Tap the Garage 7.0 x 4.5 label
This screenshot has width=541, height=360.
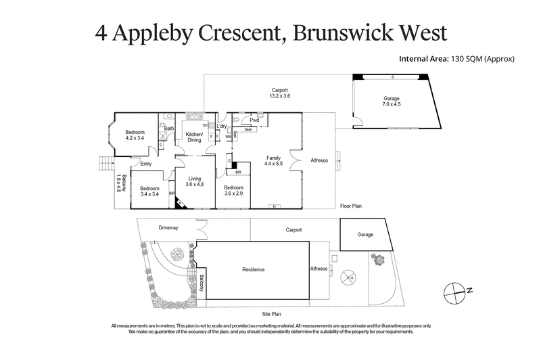(392, 102)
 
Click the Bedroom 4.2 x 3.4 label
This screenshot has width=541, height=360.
(135, 134)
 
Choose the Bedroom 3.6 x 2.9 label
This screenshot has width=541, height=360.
(234, 191)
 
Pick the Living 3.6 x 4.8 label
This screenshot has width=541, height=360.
(195, 181)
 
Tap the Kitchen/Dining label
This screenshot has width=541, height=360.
(194, 137)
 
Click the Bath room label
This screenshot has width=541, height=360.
(168, 128)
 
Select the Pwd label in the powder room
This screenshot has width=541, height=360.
(254, 120)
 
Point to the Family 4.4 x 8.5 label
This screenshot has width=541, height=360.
(273, 161)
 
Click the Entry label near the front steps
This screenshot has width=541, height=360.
(145, 164)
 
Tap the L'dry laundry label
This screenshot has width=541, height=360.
(222, 127)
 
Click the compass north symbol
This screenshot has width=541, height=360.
(454, 291)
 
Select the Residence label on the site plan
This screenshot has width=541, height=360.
(254, 269)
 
